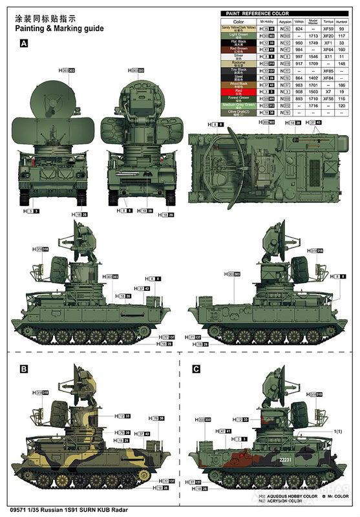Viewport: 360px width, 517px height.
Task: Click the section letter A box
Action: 25,44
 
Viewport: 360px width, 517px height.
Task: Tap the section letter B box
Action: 25,369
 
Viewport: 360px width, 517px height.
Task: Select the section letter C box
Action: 196,369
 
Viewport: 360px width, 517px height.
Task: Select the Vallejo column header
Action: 299,21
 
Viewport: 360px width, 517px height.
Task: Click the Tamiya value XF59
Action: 328,28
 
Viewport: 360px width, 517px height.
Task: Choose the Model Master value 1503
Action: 313,91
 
